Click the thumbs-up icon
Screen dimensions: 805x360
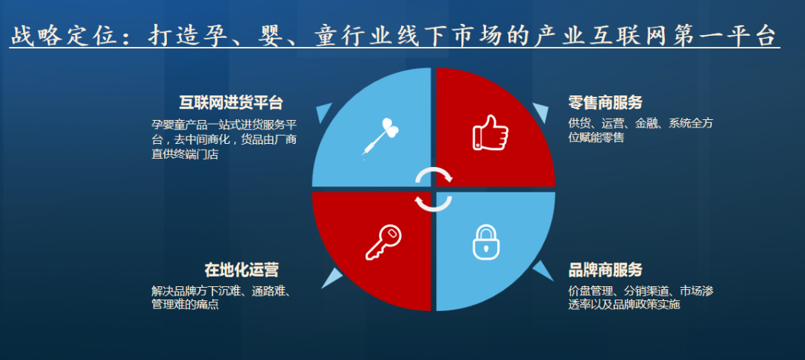click(x=490, y=133)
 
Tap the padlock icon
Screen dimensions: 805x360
click(x=486, y=242)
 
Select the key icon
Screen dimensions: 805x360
click(x=383, y=242)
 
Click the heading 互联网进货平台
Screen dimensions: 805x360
click(x=231, y=103)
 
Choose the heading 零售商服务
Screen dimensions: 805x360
click(x=605, y=102)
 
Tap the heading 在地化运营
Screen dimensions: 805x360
click(x=241, y=270)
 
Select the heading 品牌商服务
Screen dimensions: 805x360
click(x=605, y=270)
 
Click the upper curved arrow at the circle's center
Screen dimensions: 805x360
click(x=435, y=174)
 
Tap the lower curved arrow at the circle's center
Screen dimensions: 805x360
click(x=433, y=203)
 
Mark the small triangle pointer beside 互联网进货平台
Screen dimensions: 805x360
click(x=323, y=112)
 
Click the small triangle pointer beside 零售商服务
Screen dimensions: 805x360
click(x=542, y=112)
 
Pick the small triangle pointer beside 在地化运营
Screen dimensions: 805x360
click(x=332, y=278)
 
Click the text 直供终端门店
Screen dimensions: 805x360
click(x=185, y=154)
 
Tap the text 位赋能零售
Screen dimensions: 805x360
click(x=596, y=138)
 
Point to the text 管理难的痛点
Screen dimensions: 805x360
click(x=185, y=305)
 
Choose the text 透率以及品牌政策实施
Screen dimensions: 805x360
click(x=624, y=305)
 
